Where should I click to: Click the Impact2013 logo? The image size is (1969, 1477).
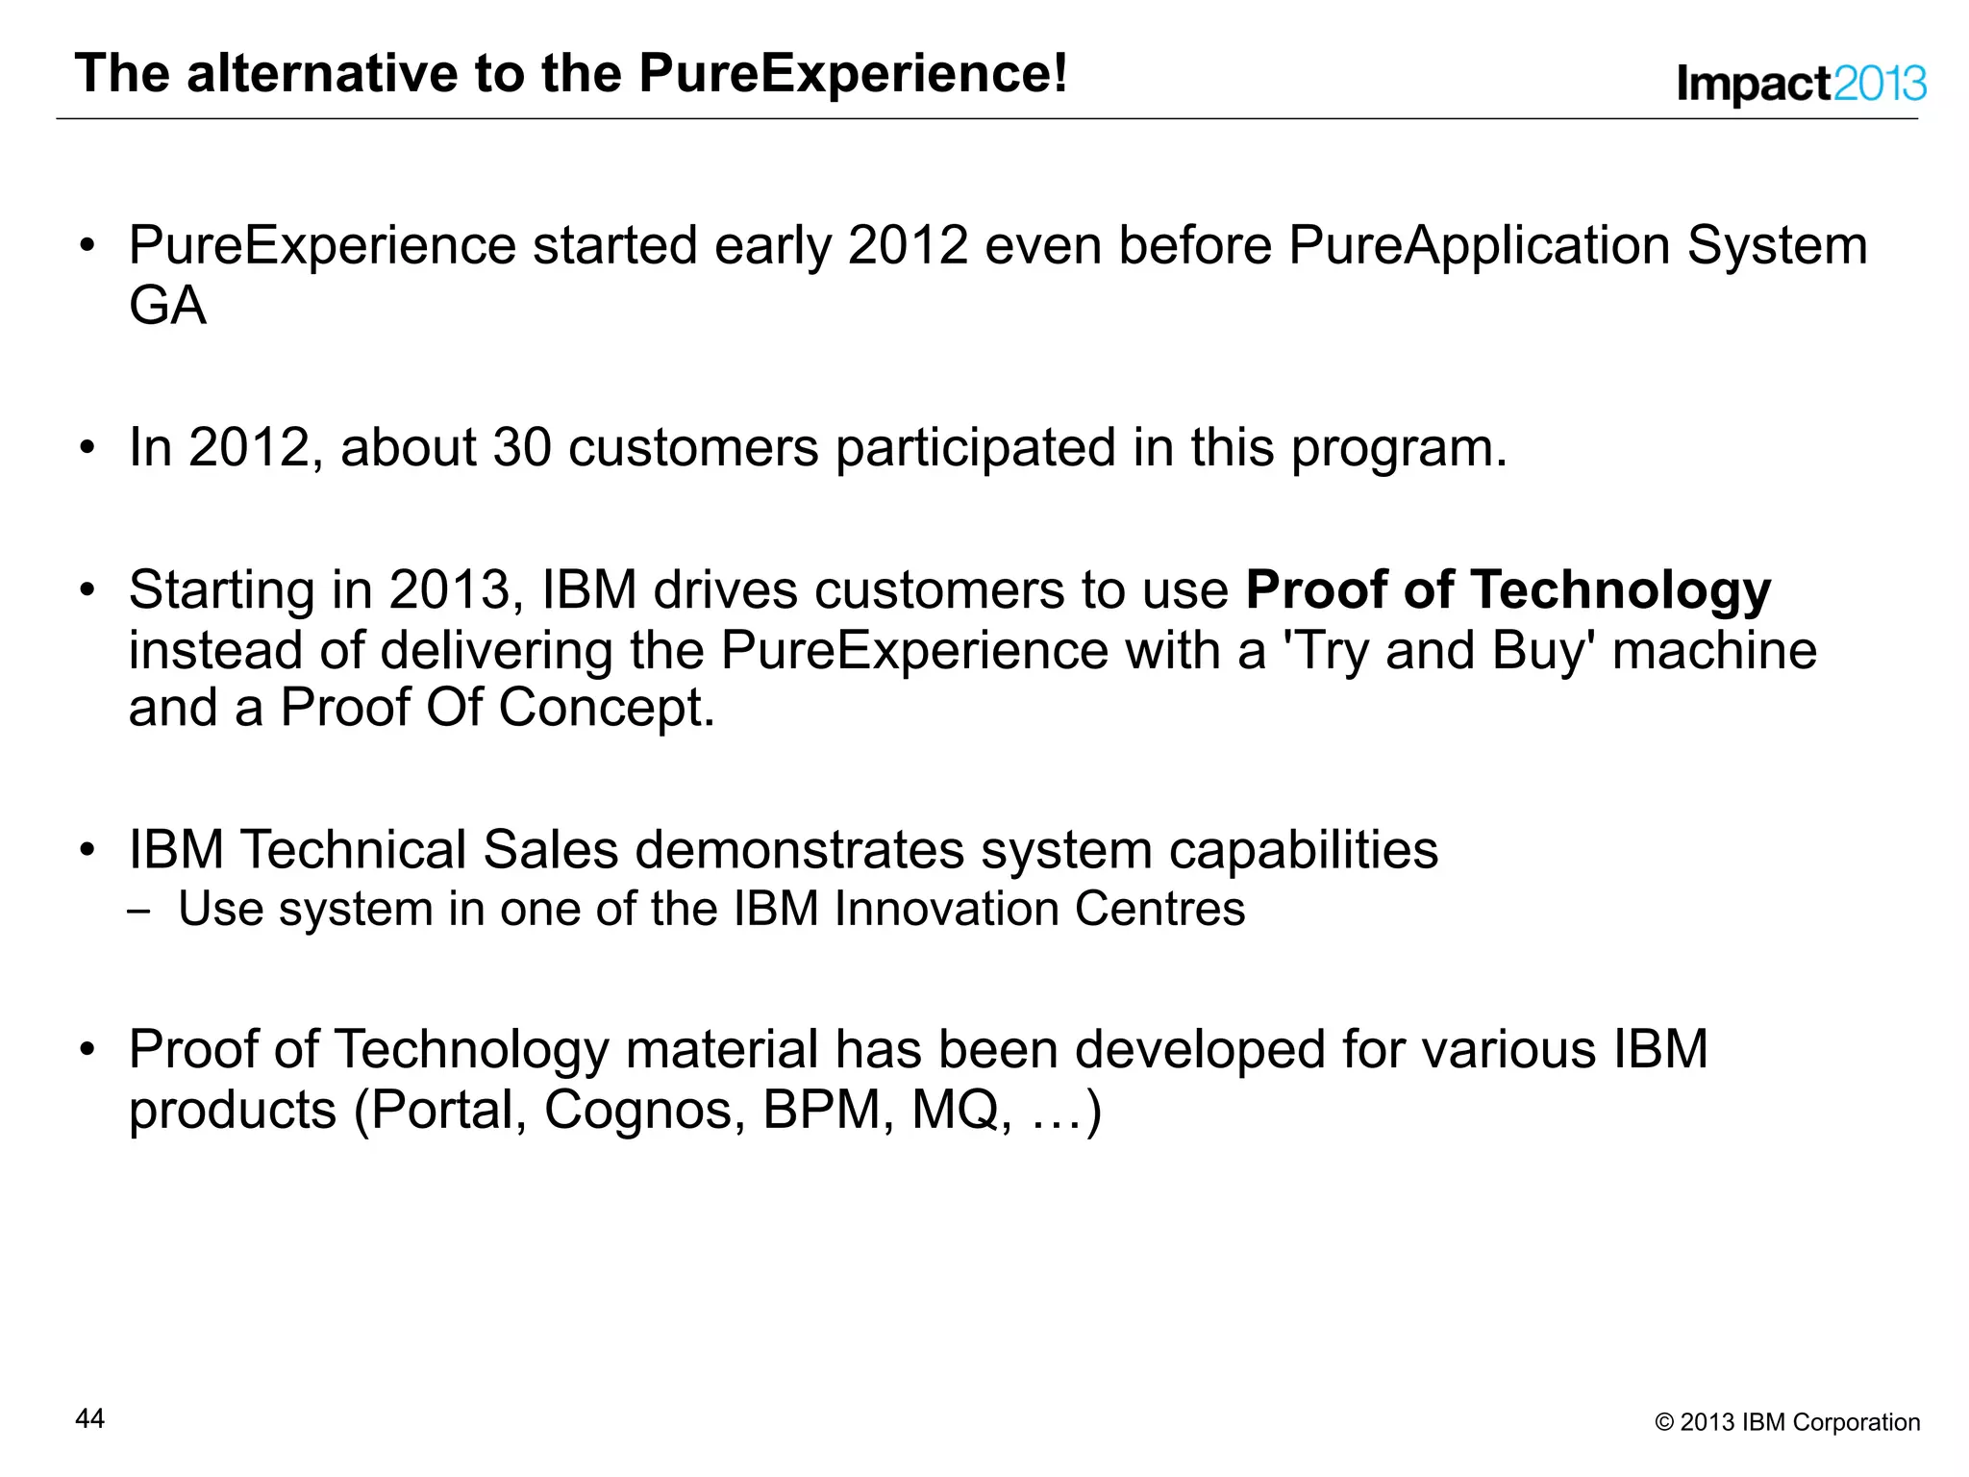tap(1801, 84)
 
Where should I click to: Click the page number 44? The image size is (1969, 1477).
tap(89, 1418)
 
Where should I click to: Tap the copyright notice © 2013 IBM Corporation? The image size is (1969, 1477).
tap(1786, 1422)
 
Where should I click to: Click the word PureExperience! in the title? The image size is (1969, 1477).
tap(853, 73)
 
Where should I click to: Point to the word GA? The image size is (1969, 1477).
tap(167, 306)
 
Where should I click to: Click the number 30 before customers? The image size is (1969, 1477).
tap(522, 448)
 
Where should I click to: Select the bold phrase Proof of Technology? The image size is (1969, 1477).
tap(1508, 589)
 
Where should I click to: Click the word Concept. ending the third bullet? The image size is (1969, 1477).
tap(606, 708)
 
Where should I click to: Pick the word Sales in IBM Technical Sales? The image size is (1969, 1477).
tap(550, 850)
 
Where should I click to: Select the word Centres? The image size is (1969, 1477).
tap(1159, 909)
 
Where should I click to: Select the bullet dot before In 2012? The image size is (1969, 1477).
tap(87, 448)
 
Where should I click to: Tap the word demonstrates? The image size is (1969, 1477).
tap(798, 850)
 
